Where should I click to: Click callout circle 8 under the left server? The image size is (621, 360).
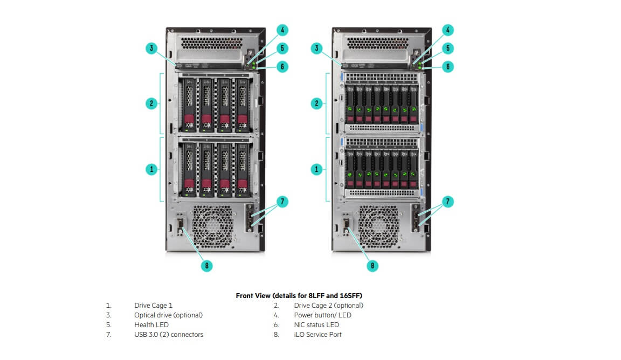pos(207,265)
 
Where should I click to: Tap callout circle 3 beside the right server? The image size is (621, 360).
pos(316,49)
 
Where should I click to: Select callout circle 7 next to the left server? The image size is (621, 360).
pos(282,202)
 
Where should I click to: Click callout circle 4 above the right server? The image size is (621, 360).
pos(448,30)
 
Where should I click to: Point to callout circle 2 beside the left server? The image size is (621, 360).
pos(151,103)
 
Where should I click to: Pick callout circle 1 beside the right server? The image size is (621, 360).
pos(316,170)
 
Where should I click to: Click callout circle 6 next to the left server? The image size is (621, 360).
pos(282,66)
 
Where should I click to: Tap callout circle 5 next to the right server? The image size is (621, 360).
pos(448,49)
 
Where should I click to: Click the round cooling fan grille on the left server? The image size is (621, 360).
pos(212,226)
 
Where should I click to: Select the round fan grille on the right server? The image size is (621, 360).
pos(378,226)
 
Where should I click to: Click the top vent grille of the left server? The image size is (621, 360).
pos(211,43)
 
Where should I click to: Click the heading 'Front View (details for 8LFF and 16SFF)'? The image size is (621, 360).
pos(299,295)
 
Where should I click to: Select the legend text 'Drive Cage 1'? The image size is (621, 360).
pos(153,306)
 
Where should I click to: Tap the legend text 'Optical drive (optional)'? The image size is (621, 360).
pos(168,315)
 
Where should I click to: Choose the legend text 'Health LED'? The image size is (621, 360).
pos(151,325)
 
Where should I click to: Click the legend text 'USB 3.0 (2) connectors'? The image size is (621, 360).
pos(169,335)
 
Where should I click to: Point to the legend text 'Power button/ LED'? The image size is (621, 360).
pos(322,315)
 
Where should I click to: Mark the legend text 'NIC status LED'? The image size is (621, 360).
pos(316,325)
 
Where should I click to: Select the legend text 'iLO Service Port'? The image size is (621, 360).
pos(318,335)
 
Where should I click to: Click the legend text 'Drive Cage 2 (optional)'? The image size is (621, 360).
pos(329,306)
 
